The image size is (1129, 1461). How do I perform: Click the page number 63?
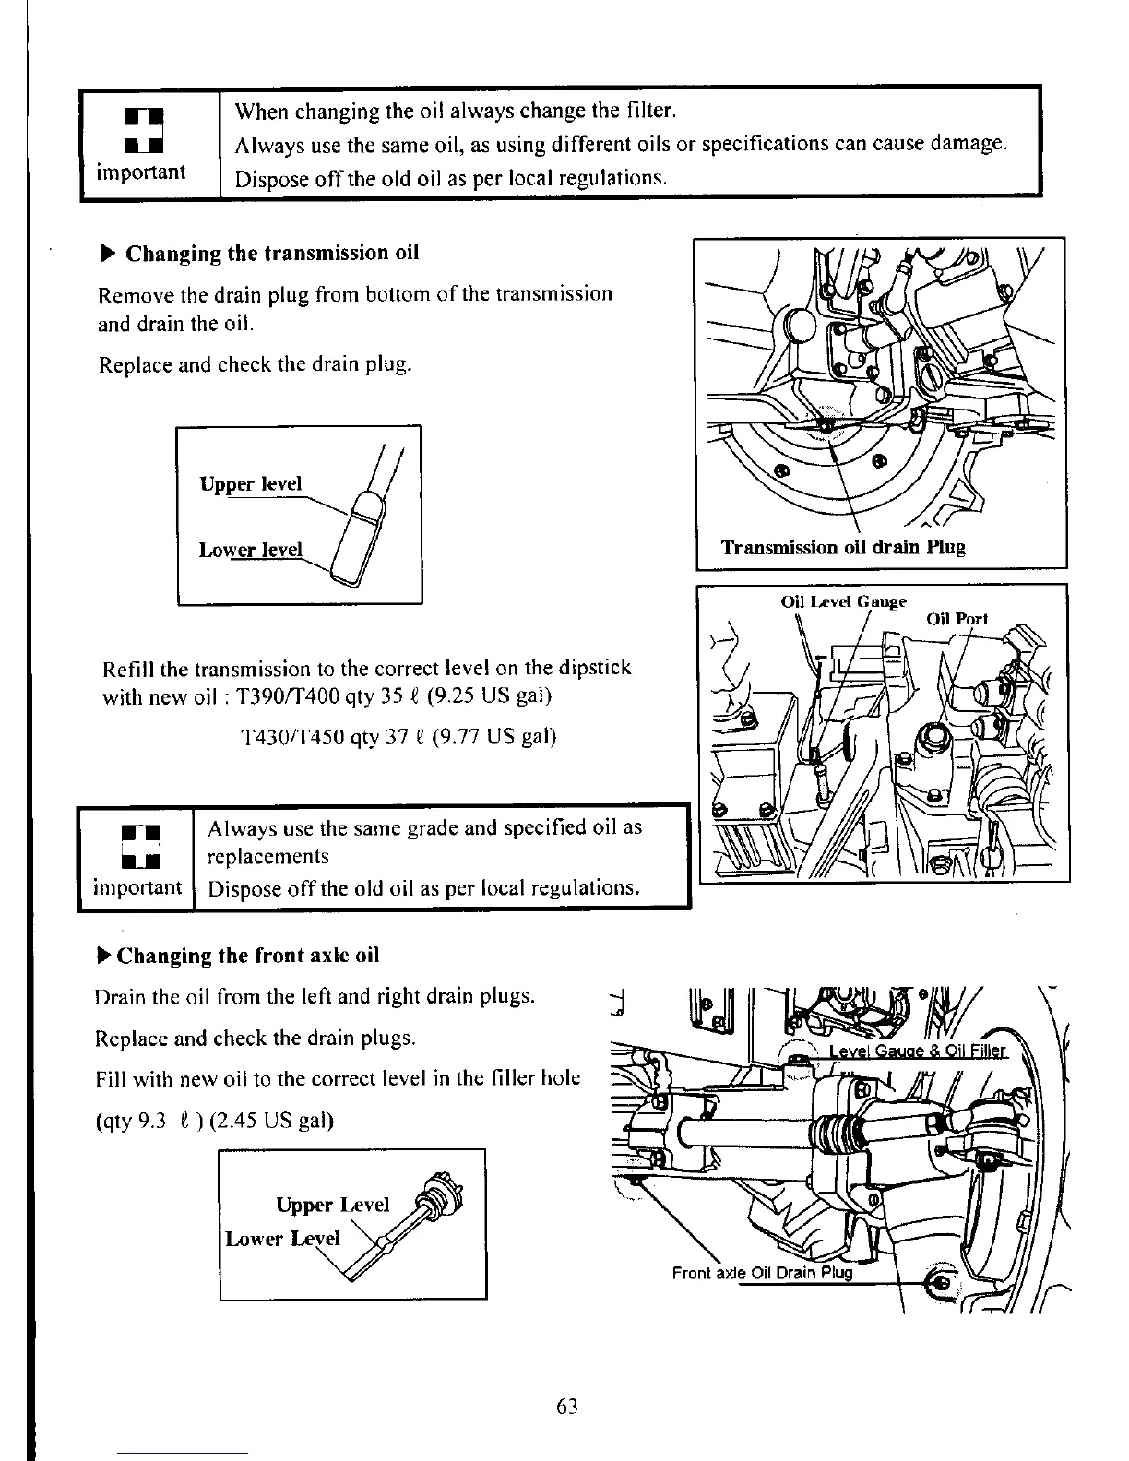tap(566, 1406)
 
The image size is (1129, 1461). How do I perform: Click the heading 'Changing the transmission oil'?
tap(272, 253)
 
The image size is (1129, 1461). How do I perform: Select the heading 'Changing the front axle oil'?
tap(248, 955)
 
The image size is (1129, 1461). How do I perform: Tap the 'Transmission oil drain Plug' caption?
tap(842, 548)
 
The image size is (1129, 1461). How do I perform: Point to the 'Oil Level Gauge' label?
tap(843, 601)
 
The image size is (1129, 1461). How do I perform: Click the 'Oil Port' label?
tap(957, 619)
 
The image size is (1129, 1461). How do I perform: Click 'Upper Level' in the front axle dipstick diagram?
tap(333, 1205)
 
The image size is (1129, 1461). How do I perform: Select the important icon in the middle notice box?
tap(136, 847)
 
